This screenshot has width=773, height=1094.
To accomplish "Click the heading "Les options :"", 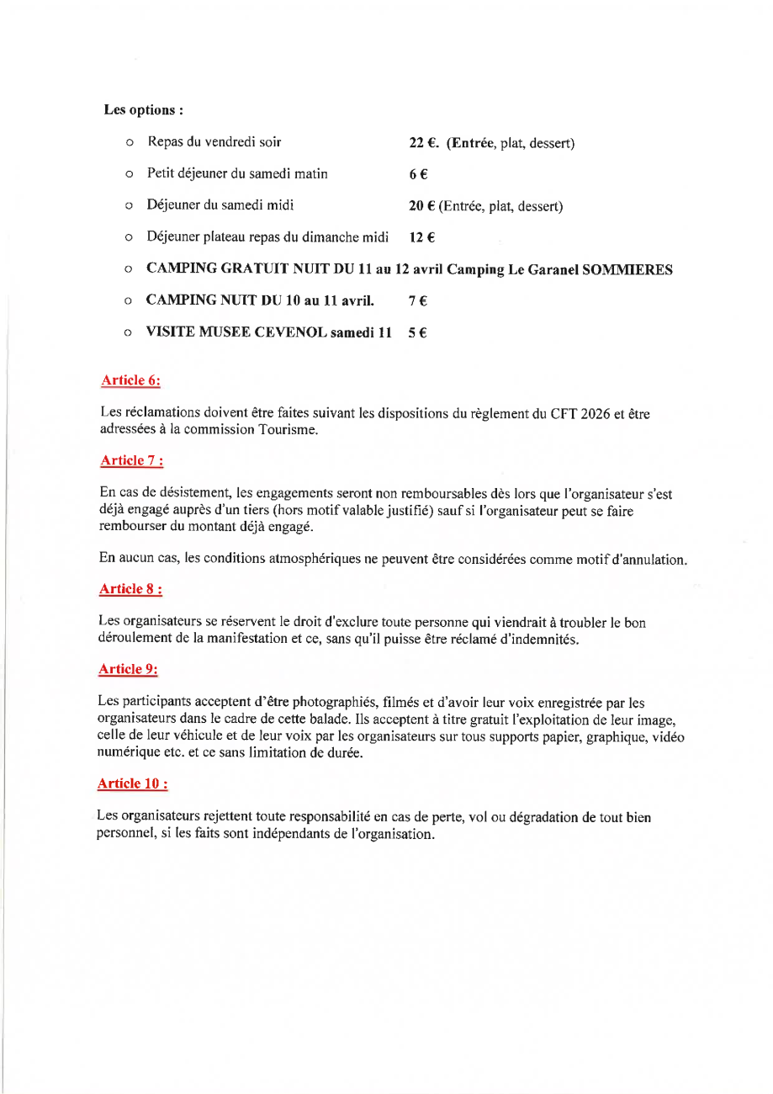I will click(x=144, y=110).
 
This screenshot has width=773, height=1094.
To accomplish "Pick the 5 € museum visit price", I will click(x=416, y=332).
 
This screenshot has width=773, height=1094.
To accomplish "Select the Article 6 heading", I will click(x=130, y=380).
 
